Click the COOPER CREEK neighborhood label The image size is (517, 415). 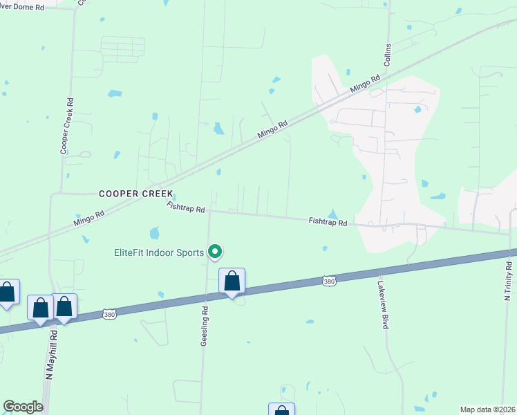(135, 194)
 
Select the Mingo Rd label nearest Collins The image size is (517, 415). (366, 84)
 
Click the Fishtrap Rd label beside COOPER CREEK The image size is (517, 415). (186, 207)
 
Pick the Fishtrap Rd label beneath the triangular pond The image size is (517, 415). (328, 222)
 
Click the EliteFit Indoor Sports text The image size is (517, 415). (159, 252)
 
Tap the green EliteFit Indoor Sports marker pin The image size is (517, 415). (216, 252)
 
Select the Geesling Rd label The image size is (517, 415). (205, 329)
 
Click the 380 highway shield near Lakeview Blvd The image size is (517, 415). (329, 281)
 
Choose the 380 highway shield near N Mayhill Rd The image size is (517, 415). (109, 314)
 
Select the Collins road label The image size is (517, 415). (387, 58)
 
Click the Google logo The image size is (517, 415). (23, 407)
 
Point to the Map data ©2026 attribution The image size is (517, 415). (487, 409)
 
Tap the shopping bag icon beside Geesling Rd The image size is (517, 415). (232, 282)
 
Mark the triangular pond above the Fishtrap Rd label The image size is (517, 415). (332, 214)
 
